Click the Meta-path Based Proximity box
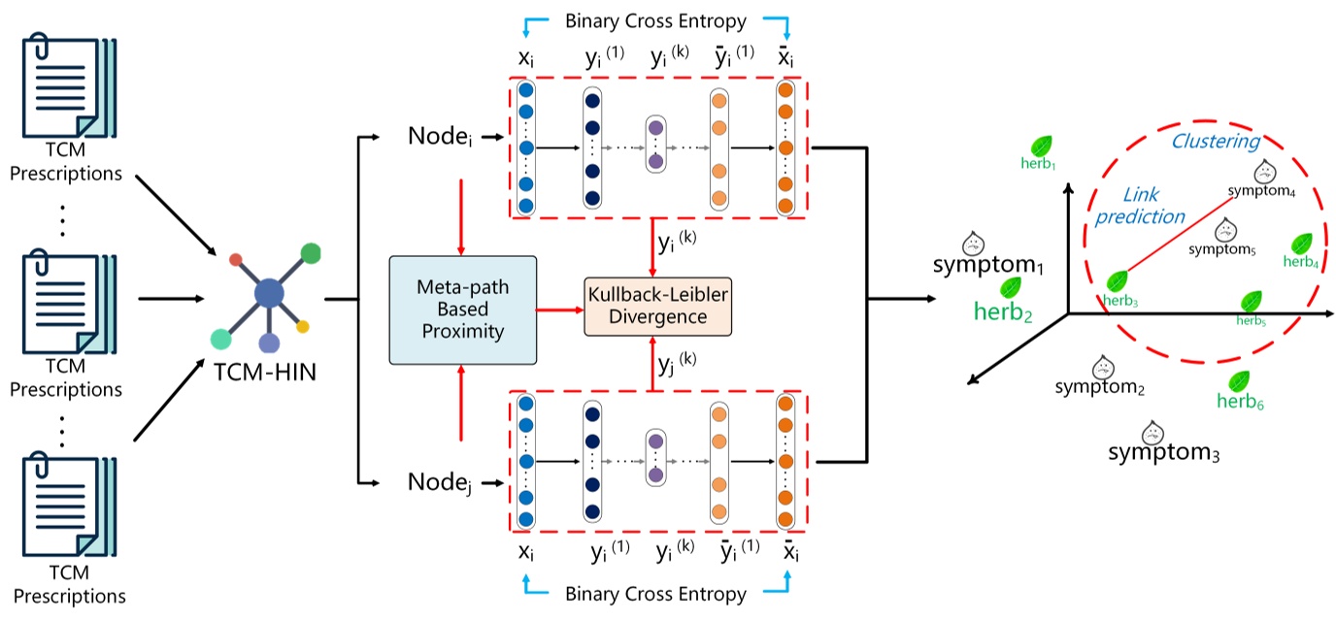pyautogui.click(x=463, y=310)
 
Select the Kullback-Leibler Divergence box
pyautogui.click(x=656, y=305)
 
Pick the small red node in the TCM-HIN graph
pyautogui.click(x=235, y=260)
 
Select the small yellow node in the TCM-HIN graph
pyautogui.click(x=303, y=327)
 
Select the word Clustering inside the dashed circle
pyautogui.click(x=1215, y=142)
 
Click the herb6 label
pyautogui.click(x=1240, y=400)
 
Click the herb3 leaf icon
pyautogui.click(x=1119, y=281)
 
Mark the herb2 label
pyautogui.click(x=1004, y=312)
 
